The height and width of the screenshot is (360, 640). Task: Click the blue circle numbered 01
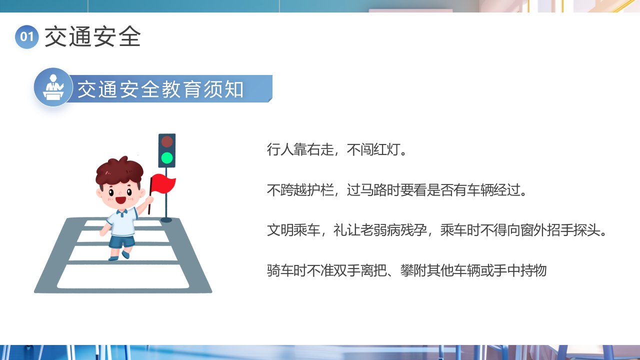point(27,37)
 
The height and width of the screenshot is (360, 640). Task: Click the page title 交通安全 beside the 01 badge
point(92,36)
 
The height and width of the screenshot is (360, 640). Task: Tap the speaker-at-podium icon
point(53,87)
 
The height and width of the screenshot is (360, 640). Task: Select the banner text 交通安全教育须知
point(160,89)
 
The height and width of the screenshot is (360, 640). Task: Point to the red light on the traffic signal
point(167,141)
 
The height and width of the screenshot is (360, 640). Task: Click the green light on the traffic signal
point(167,157)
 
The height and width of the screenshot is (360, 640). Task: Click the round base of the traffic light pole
point(166,219)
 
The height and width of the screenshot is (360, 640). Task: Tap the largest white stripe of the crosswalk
point(123,276)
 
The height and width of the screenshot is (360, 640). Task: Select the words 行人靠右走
point(300,149)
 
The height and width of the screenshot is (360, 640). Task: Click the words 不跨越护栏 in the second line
point(300,190)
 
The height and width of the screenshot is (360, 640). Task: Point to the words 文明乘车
point(293,230)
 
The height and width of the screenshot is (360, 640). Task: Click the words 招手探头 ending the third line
point(573,230)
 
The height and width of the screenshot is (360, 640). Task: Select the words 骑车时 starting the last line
point(287,270)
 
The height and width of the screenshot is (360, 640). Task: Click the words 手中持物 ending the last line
point(520,270)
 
